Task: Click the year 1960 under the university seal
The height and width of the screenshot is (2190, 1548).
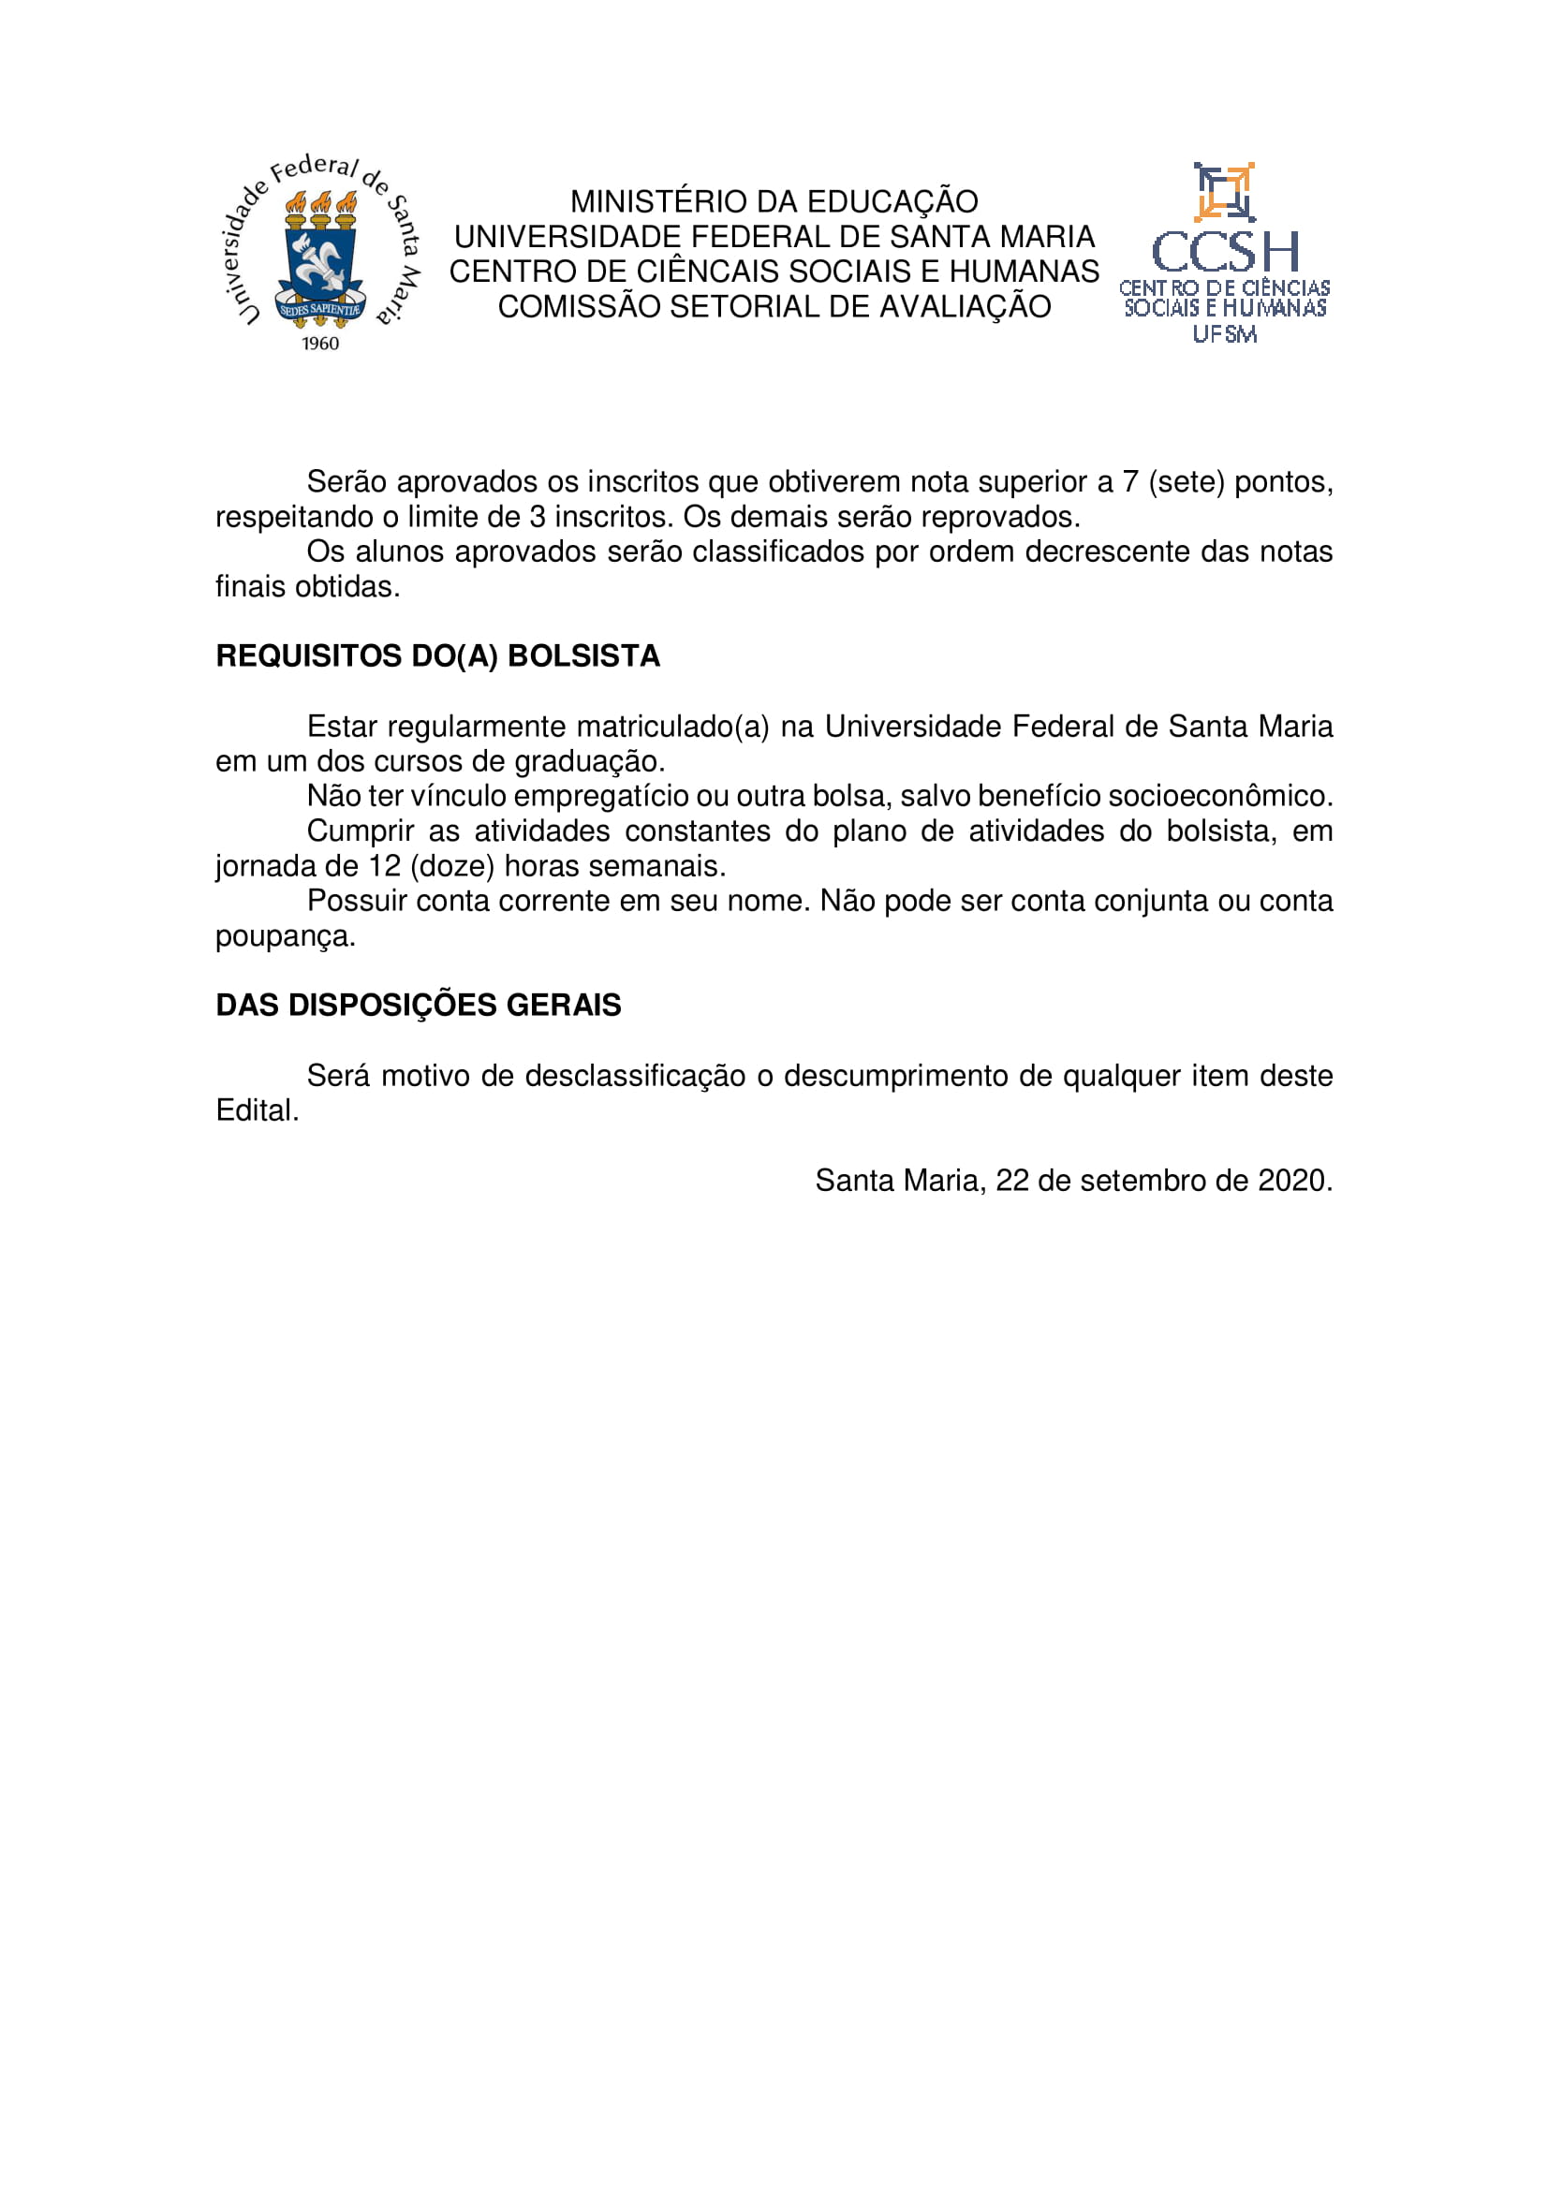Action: point(320,344)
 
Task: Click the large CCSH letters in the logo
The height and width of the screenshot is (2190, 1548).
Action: point(1225,252)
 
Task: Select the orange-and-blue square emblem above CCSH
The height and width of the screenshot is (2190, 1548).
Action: point(1224,192)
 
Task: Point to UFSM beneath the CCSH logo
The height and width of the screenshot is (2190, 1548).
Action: point(1225,334)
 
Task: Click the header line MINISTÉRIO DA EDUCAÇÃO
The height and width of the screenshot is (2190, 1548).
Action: point(774,201)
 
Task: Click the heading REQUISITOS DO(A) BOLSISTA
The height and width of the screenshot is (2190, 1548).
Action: point(437,656)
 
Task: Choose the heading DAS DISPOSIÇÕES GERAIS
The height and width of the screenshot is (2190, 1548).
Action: point(419,1006)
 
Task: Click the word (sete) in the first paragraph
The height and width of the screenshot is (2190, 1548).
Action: point(1187,482)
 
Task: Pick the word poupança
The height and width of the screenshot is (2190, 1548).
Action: point(286,936)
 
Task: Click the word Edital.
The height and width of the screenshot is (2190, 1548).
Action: point(258,1111)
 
